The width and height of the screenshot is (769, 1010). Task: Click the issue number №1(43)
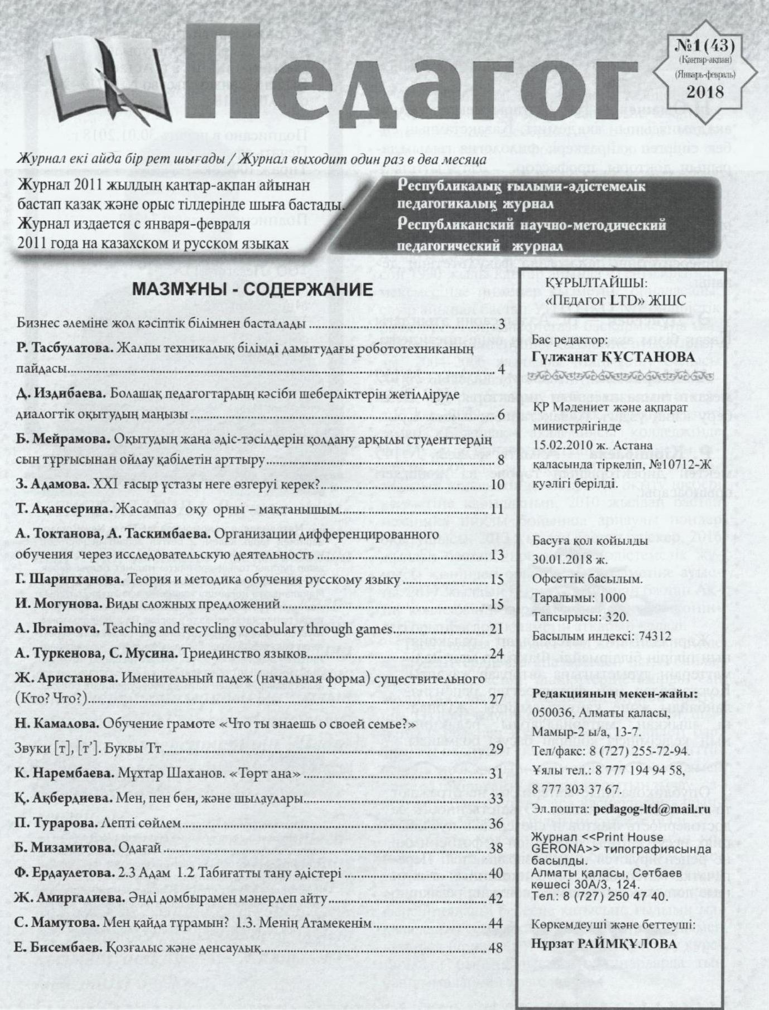[x=705, y=46]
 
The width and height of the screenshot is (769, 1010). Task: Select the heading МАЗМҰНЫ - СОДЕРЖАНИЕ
[x=252, y=290]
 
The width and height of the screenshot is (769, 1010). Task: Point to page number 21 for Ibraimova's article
[x=496, y=629]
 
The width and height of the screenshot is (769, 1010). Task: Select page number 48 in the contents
[x=496, y=948]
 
